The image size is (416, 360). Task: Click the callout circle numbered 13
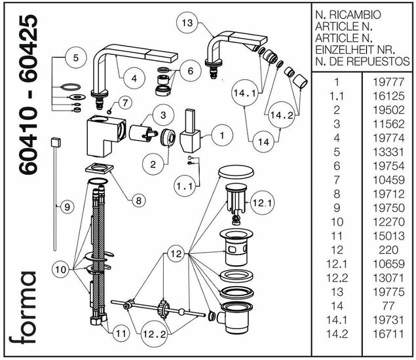coord(187,23)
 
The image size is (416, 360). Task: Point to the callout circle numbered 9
coord(66,207)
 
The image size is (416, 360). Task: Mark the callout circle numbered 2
coord(153,164)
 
